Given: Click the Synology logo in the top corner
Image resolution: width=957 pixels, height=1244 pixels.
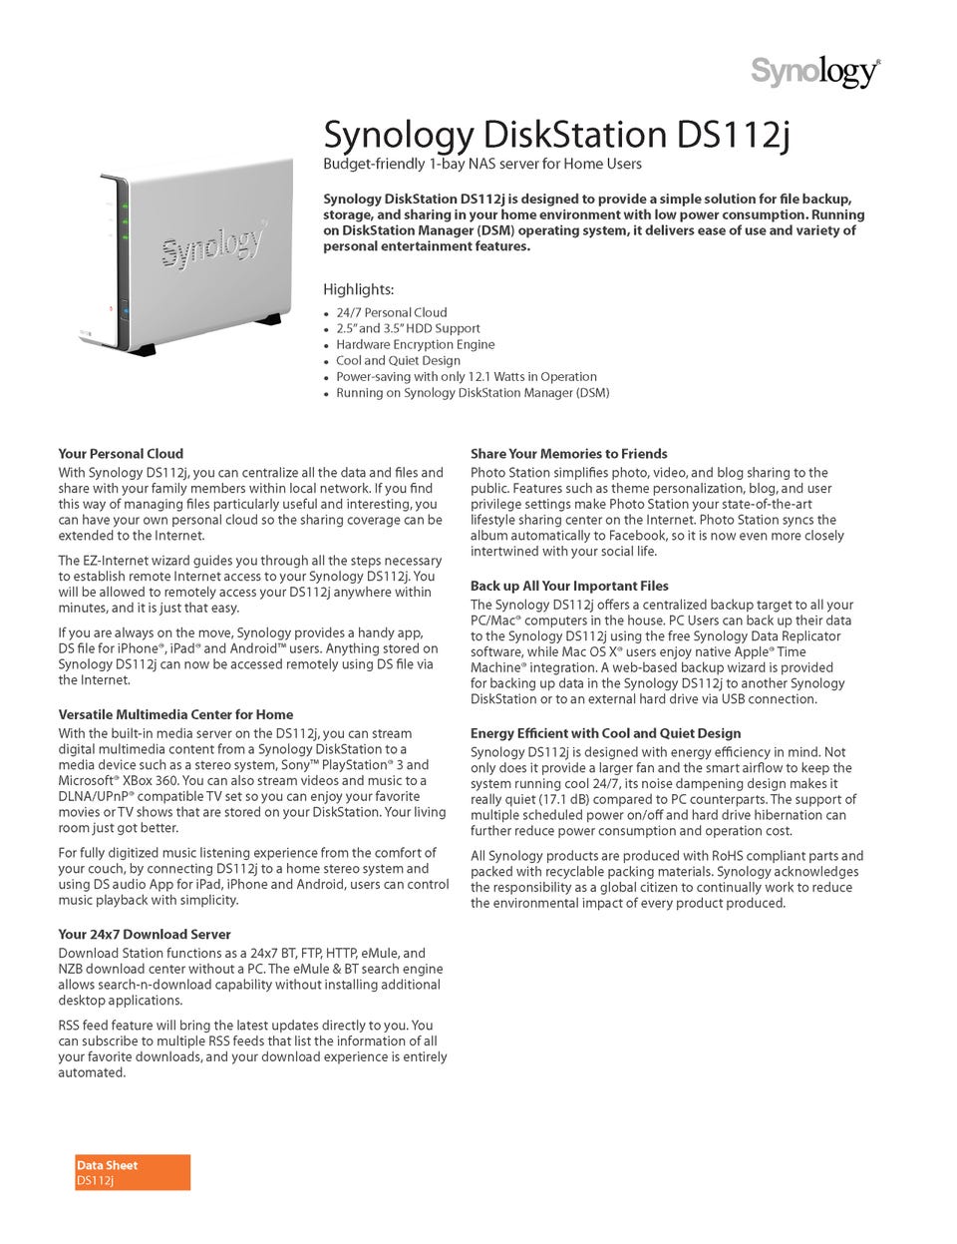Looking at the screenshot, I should (814, 73).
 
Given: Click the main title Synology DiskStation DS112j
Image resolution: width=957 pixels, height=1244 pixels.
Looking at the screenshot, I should (556, 135).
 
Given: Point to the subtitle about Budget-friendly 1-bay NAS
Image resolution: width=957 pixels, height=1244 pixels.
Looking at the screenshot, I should (482, 164).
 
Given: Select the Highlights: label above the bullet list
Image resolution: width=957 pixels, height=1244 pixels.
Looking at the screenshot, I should (359, 289).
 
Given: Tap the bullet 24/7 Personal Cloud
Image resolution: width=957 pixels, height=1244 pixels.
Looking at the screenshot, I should (391, 312).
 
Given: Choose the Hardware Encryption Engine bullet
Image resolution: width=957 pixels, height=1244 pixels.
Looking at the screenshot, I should (415, 344).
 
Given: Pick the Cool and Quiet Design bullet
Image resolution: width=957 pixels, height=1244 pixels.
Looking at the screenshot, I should (398, 360).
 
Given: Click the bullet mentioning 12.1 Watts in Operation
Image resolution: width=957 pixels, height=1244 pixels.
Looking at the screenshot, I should (466, 376).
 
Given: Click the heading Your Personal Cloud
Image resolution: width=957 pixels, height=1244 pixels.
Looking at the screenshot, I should (121, 453).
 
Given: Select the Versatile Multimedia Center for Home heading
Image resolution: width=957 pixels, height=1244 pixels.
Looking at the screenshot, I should (175, 714).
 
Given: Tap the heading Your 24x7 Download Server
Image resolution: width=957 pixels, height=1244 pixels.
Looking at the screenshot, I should (145, 935).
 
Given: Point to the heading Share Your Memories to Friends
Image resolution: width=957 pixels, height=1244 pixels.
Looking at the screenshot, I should (569, 453).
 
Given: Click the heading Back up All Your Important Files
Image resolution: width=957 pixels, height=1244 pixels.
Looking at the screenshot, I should (569, 586).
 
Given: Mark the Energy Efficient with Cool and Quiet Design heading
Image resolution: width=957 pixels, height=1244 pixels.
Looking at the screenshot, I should (605, 733).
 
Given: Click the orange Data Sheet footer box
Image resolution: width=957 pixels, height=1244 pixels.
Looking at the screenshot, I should (133, 1172).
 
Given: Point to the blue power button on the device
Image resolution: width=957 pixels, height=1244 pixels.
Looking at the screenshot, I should (126, 311).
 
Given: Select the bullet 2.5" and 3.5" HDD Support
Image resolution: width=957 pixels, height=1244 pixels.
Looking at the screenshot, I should (408, 328).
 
